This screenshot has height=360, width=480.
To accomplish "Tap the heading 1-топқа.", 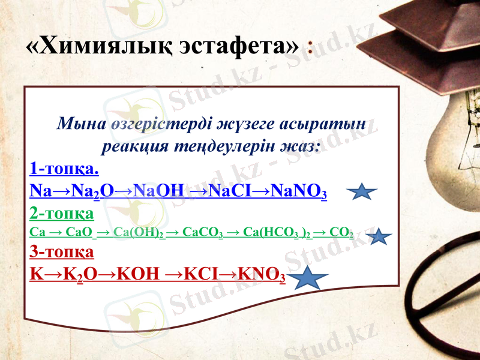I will (64, 167).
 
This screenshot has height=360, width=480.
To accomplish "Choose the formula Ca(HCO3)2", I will (276, 232).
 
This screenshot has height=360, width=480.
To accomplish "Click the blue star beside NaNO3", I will (362, 192).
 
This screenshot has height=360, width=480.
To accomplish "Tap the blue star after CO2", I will (379, 237).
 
